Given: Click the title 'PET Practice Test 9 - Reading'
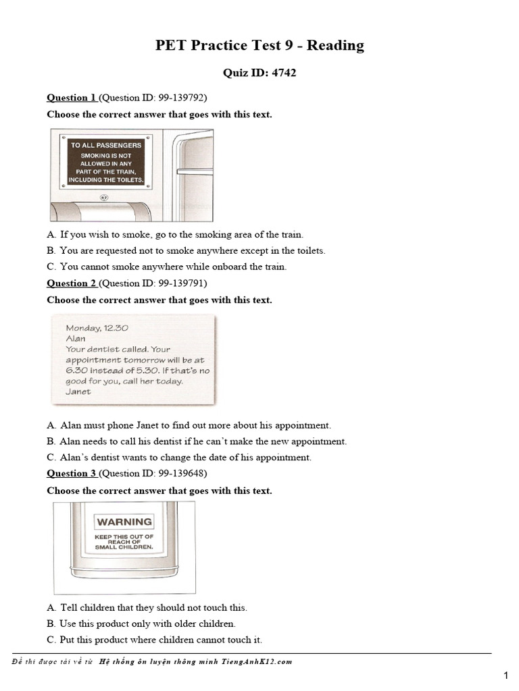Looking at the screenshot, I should [259, 45].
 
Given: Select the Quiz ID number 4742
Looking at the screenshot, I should [283, 73].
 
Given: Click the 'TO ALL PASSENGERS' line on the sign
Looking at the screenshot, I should [106, 145].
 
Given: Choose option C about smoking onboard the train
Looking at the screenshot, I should [167, 267].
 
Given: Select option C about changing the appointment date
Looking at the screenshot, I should [179, 458].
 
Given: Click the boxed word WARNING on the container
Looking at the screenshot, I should [124, 522].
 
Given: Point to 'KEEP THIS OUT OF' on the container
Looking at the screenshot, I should [124, 536].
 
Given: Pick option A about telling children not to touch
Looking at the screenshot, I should [147, 608].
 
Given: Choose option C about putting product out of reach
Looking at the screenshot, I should [154, 640].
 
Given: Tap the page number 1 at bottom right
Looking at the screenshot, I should [505, 675].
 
